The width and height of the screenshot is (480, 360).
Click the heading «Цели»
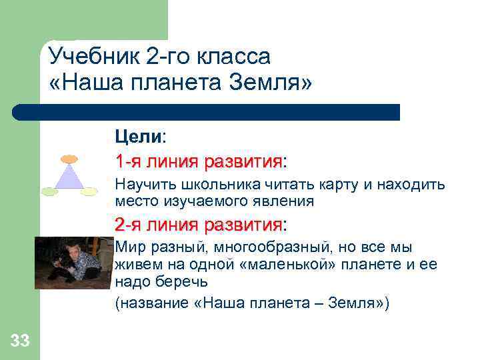[x=138, y=137]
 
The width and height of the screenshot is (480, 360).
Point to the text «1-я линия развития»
[x=199, y=162]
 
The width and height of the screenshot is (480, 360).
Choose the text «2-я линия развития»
[x=199, y=223]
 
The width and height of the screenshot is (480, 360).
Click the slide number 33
[x=20, y=342]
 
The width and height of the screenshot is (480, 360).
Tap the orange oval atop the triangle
[x=69, y=159]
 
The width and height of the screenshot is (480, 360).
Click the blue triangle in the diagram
[x=69, y=178]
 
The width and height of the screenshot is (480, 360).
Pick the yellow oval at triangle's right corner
[x=89, y=192]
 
